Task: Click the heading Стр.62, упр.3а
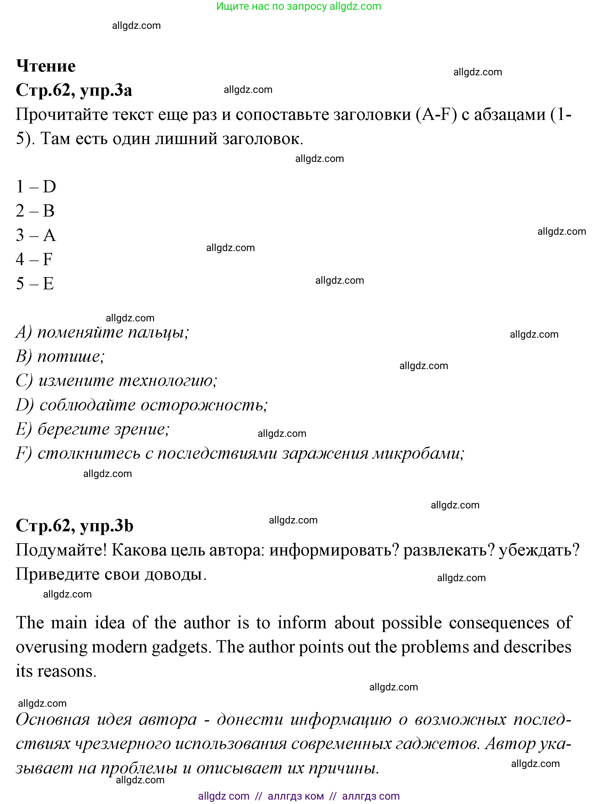(x=74, y=90)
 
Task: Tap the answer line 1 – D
(x=36, y=187)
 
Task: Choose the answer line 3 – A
(x=36, y=235)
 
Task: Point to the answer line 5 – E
(x=35, y=283)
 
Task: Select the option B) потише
(x=60, y=356)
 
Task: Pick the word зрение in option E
(x=141, y=429)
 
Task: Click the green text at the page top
(x=299, y=6)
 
